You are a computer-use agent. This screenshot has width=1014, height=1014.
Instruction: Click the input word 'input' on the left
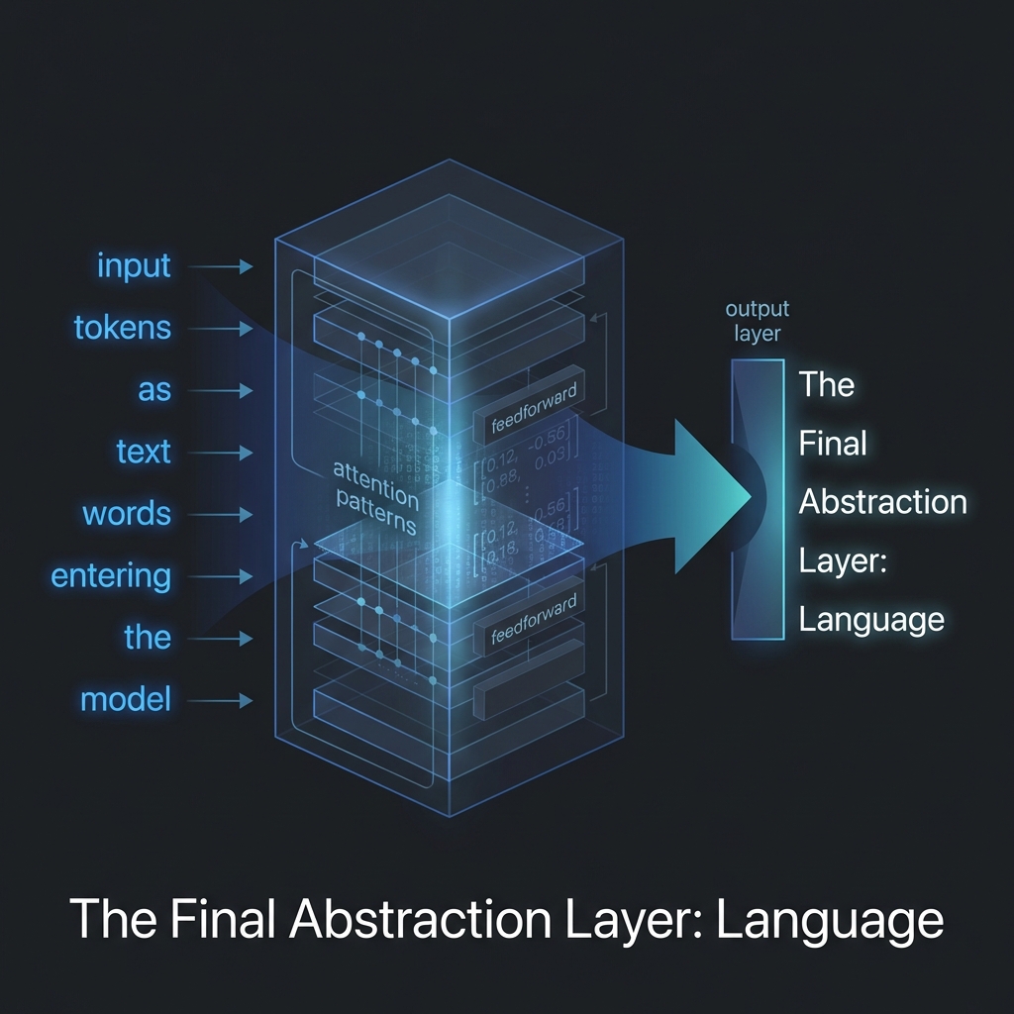point(134,266)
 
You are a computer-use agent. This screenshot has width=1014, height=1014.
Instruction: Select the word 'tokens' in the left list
point(123,328)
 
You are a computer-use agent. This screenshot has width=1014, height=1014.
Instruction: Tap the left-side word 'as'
point(154,390)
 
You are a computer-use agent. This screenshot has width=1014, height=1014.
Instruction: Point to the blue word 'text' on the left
point(144,453)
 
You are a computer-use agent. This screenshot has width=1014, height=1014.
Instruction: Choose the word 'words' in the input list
point(127,515)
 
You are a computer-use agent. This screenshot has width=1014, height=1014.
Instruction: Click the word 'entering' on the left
point(111,576)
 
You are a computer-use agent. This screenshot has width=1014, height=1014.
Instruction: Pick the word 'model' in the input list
point(126,700)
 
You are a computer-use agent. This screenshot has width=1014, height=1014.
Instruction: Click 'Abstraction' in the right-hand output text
point(882,502)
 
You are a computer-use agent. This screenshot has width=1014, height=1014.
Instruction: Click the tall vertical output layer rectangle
point(758,499)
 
